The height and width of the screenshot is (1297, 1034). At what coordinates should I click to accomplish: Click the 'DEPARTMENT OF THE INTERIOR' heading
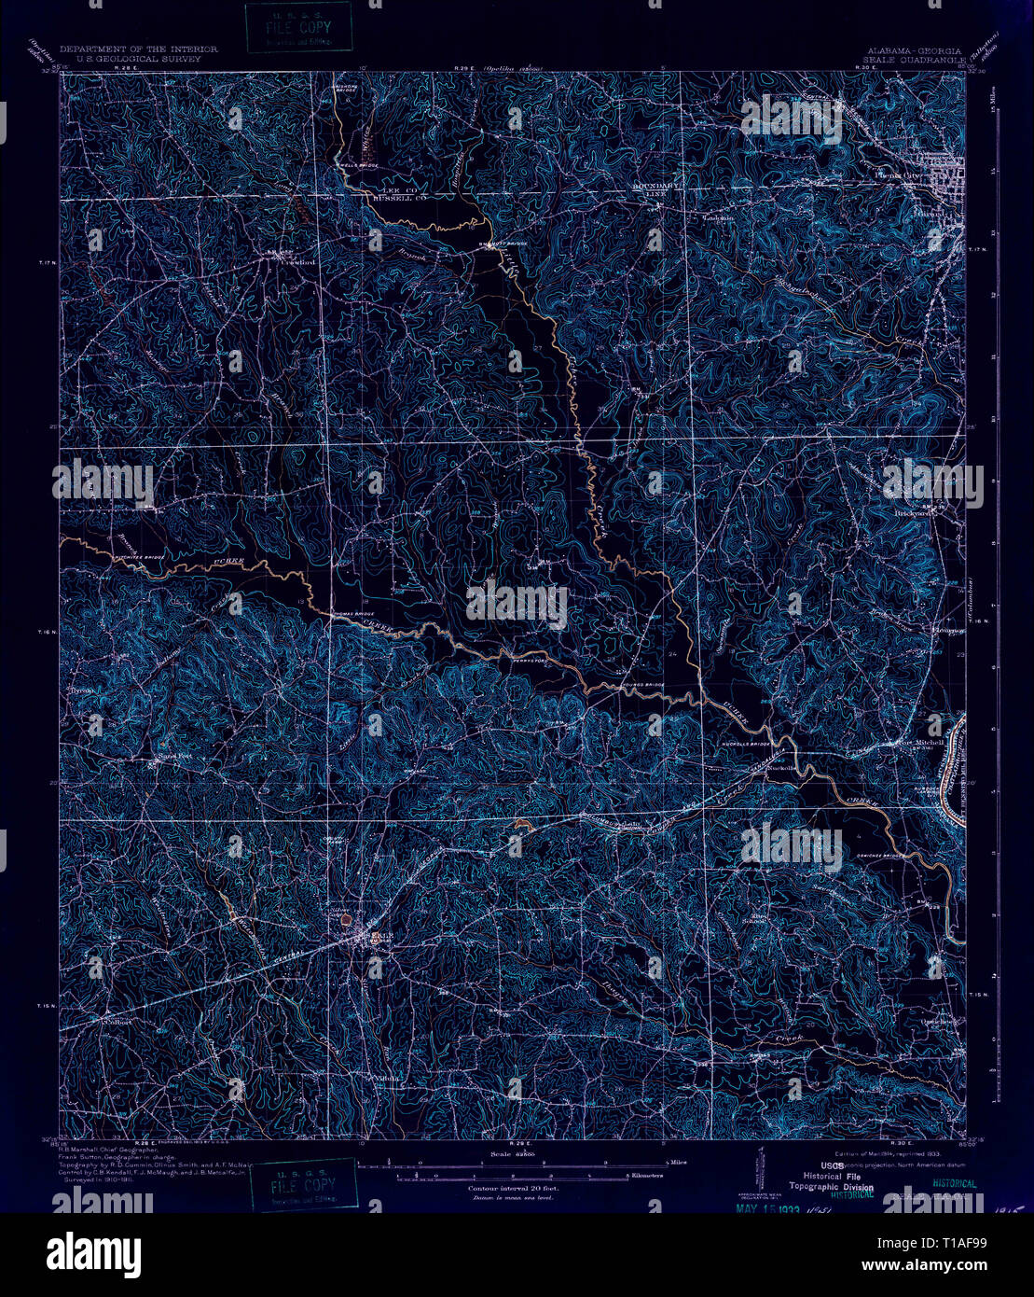[138, 48]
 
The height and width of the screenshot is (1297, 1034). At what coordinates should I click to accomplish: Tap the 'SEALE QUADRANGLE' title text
[914, 55]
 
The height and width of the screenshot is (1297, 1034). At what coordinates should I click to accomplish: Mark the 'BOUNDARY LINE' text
[655, 189]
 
